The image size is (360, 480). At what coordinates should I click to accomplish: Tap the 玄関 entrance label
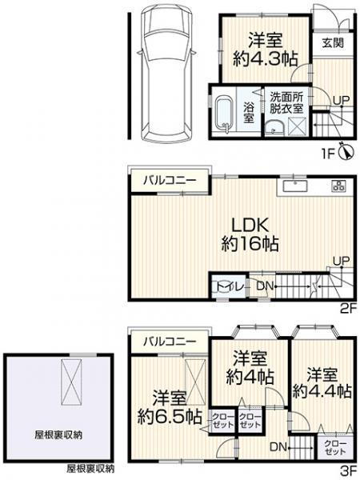[x=333, y=42]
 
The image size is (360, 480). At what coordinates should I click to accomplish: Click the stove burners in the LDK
[x=338, y=186]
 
